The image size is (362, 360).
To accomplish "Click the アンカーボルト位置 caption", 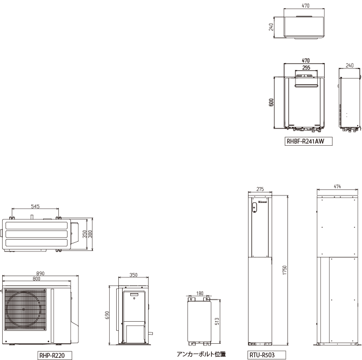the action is (x=202, y=354).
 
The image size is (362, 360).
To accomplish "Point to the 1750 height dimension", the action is (x=284, y=270).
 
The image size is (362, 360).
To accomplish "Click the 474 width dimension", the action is (x=337, y=186).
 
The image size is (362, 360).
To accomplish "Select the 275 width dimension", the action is (x=260, y=189).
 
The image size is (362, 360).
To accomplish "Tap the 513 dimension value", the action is (x=217, y=322).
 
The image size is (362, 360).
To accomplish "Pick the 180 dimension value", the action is (x=200, y=293).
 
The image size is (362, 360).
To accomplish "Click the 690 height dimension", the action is (x=106, y=315).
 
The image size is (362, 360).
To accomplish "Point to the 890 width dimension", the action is (x=41, y=273).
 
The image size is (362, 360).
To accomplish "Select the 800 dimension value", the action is (x=36, y=279).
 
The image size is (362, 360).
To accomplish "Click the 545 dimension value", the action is (x=35, y=206).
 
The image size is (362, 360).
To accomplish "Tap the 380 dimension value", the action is (x=90, y=234).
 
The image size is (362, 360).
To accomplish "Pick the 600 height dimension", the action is (x=271, y=103).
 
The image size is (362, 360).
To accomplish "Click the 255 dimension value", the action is (x=306, y=67).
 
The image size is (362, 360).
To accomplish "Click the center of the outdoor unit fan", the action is (x=24, y=309).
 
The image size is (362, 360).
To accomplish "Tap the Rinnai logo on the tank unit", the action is (x=263, y=202).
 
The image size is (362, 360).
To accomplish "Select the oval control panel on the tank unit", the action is (x=254, y=207).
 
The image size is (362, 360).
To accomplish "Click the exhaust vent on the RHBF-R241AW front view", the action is (x=306, y=86).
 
